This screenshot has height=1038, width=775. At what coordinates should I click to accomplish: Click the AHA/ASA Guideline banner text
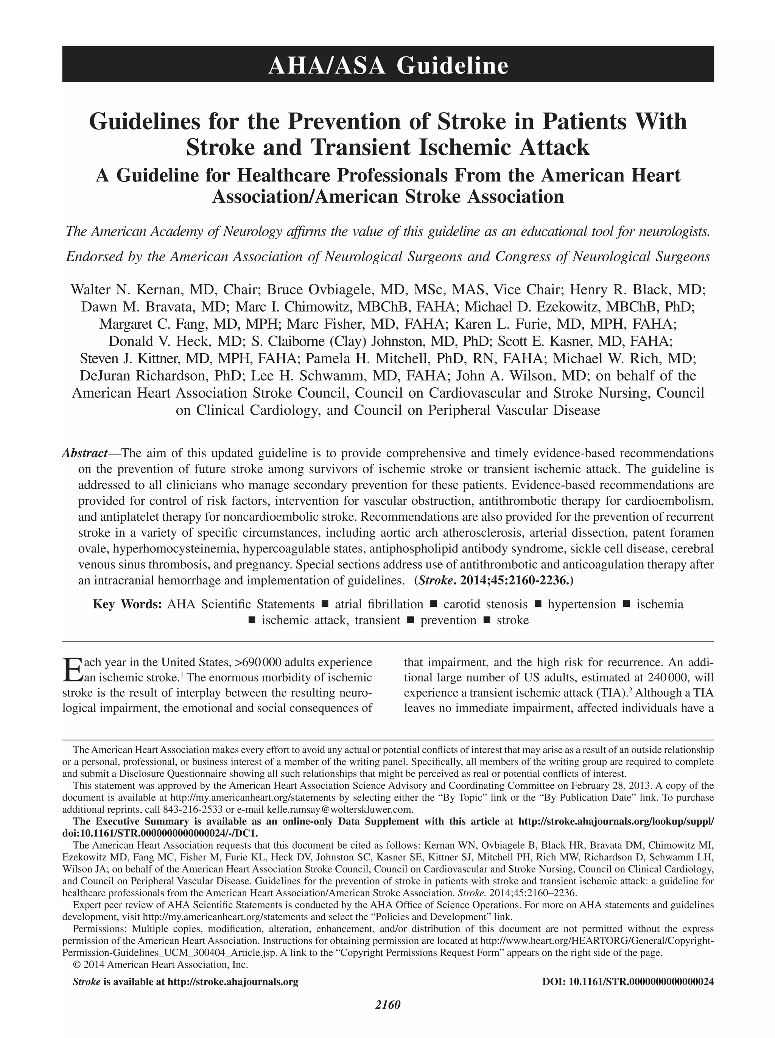coord(388,65)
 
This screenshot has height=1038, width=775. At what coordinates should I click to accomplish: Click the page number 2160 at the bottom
coord(387,1017)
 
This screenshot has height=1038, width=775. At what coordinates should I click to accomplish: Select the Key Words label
coord(127,604)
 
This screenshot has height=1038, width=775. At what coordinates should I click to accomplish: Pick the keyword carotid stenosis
coord(485,604)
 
